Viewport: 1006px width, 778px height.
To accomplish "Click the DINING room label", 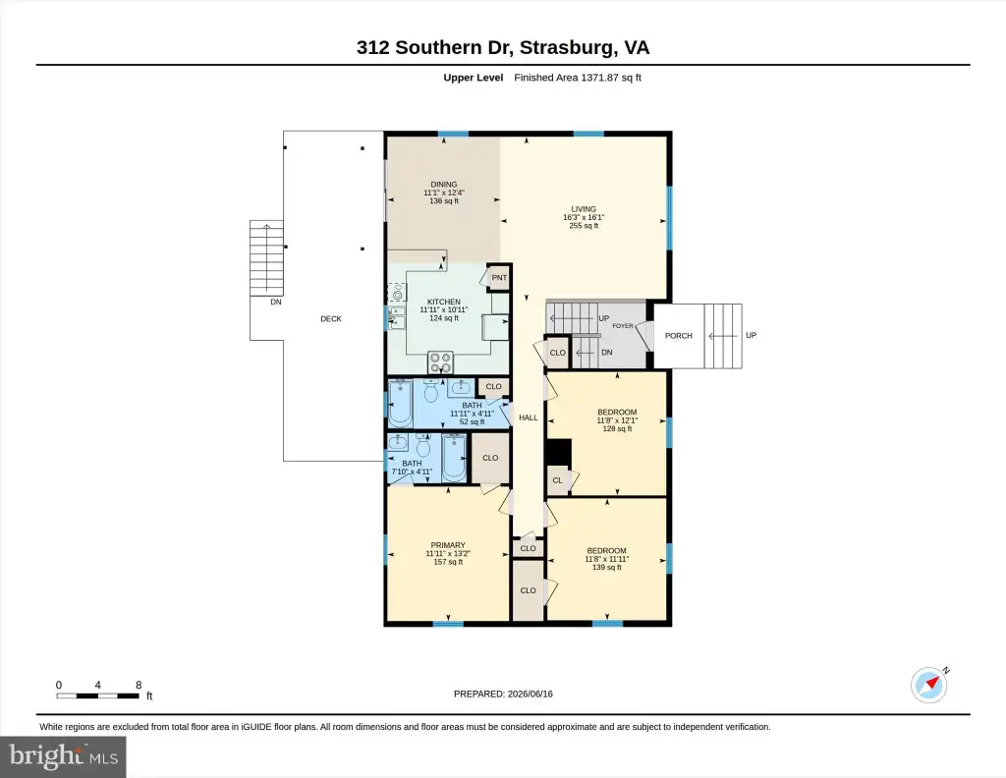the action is tap(444, 185).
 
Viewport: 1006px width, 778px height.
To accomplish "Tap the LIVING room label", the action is tap(584, 209).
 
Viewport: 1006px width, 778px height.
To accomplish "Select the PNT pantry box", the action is tap(499, 278).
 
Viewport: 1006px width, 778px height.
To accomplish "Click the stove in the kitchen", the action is tap(441, 362).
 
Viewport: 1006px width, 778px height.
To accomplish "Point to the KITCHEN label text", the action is tap(444, 303).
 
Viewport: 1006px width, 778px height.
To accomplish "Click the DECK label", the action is tap(331, 319).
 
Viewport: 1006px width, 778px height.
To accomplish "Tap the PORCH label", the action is tap(679, 335).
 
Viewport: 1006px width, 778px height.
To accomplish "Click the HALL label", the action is tap(528, 417).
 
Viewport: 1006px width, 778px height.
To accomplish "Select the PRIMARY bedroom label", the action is tap(448, 545).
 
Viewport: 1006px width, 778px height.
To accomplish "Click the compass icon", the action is tap(929, 685).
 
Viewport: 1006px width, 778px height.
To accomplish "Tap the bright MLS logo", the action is tap(63, 756).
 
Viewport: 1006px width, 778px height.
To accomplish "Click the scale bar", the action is tap(98, 695).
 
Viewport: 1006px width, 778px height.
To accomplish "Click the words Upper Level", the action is tap(474, 78).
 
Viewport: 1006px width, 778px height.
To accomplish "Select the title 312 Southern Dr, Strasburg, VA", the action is tap(503, 47).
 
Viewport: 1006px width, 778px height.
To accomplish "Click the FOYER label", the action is tap(623, 326).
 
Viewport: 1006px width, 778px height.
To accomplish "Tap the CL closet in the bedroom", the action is tap(558, 480).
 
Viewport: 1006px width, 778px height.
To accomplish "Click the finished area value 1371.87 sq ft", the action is tap(611, 78).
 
